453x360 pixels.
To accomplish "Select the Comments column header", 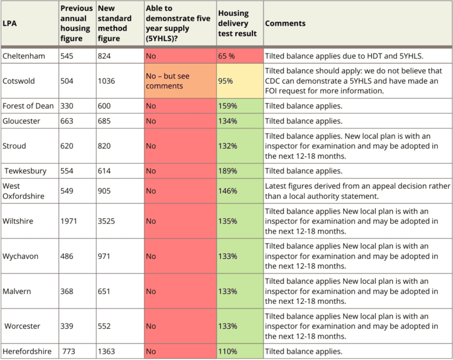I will (x=285, y=24).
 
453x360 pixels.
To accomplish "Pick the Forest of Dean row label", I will (x=28, y=106).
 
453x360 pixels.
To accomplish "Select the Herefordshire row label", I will (x=27, y=351).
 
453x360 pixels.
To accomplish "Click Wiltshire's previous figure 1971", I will (x=70, y=221).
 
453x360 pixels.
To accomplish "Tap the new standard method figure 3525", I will (x=107, y=221).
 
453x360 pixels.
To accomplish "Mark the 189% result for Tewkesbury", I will (x=228, y=171).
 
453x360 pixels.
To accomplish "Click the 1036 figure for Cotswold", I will (x=107, y=81).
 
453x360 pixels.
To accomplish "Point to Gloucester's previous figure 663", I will (x=68, y=121).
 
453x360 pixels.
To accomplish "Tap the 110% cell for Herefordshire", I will (x=228, y=351).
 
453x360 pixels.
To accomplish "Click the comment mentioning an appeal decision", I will (x=357, y=191).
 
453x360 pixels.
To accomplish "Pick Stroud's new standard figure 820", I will (x=105, y=146).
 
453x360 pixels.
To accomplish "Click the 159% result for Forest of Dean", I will (x=228, y=106).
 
